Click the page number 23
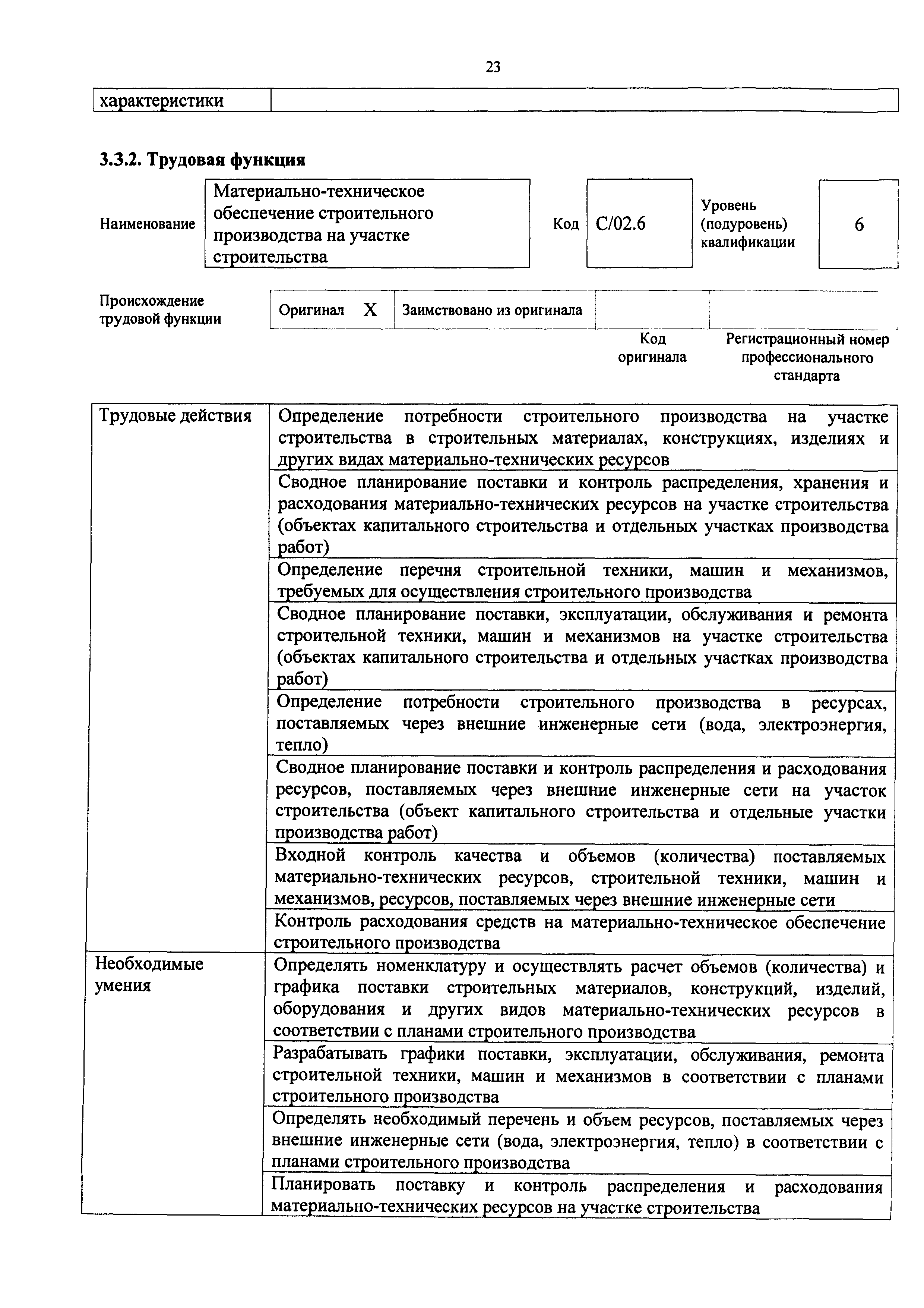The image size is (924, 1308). (493, 67)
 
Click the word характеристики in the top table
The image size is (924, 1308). (162, 101)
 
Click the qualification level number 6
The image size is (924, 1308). (858, 224)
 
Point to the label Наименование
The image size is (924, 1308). (148, 224)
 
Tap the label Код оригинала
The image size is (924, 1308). (652, 348)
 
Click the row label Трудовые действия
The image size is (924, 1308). (175, 416)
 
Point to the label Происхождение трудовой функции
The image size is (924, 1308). (160, 309)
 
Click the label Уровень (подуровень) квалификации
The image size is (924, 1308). (747, 224)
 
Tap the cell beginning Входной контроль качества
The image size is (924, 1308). (580, 878)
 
